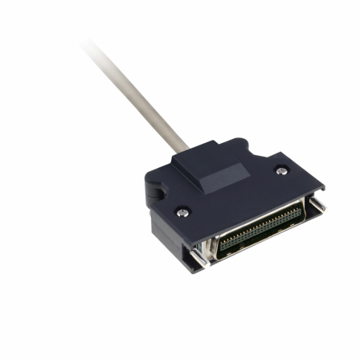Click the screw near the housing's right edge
(x=280, y=170)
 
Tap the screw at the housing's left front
(x=183, y=212)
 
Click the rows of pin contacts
(x=261, y=229)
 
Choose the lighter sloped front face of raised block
(x=222, y=181)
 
